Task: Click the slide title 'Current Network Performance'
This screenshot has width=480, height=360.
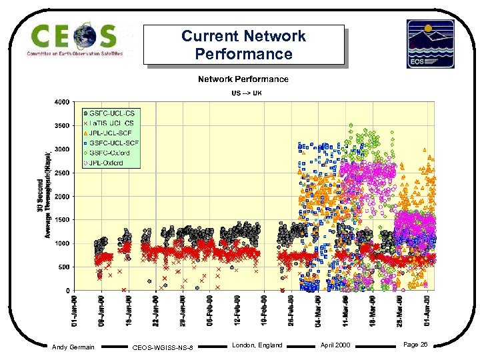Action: tap(243, 45)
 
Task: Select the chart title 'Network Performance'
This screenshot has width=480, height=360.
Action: tap(243, 79)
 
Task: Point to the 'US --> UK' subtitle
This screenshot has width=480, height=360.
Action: tap(246, 92)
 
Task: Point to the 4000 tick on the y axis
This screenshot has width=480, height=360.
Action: tap(61, 103)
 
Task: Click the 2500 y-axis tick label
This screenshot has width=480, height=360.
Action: tap(61, 173)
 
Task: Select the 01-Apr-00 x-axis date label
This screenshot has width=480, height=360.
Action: tap(427, 311)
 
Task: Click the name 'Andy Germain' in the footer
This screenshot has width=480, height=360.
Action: tap(73, 347)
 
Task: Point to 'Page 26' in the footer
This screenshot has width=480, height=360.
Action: tap(415, 345)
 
